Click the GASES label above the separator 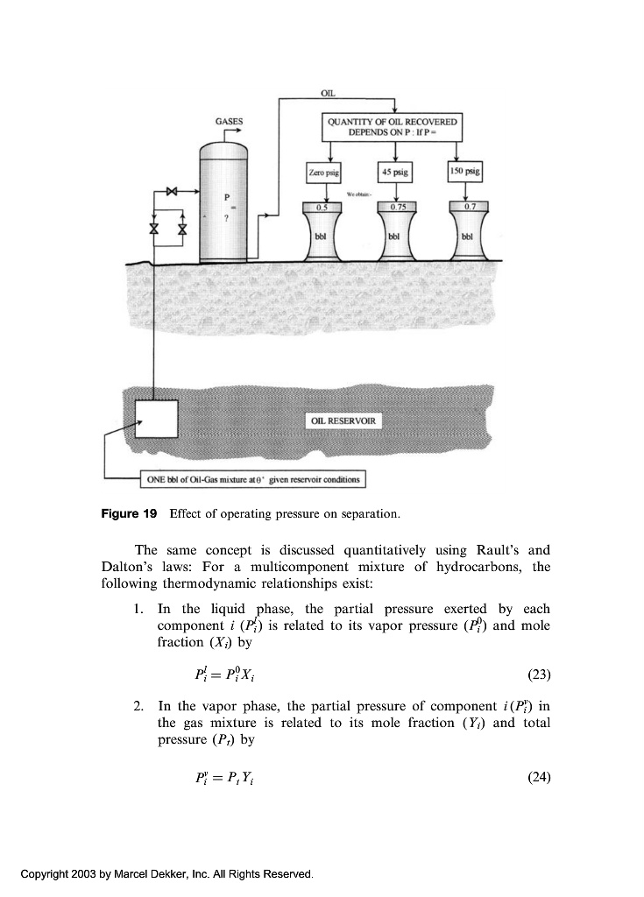(x=230, y=122)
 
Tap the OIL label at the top (x=328, y=91)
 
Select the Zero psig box (x=323, y=172)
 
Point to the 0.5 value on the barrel (x=322, y=207)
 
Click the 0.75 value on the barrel (x=395, y=207)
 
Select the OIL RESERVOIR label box (x=343, y=421)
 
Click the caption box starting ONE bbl (x=251, y=480)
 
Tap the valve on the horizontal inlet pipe (x=173, y=190)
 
